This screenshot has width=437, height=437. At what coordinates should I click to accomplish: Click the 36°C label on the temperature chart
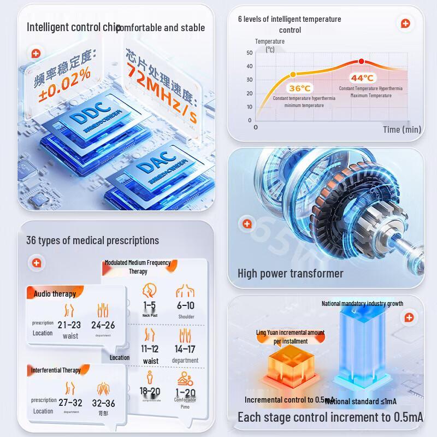300,88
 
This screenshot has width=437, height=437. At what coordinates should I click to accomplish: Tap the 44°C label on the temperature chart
362,78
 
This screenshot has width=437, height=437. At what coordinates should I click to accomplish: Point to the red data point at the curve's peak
361,62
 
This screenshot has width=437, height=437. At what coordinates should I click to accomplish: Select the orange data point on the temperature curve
293,74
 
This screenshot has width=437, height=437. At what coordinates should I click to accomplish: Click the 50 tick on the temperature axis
249,53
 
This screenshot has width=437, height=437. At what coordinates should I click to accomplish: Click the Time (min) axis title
402,129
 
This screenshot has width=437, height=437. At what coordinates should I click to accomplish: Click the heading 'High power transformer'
290,273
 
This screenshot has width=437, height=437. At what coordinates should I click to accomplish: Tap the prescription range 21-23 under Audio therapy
69,325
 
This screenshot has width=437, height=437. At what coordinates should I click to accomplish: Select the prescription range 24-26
103,325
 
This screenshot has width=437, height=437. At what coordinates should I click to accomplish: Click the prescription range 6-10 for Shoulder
186,306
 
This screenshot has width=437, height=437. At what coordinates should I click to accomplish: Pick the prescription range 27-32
70,403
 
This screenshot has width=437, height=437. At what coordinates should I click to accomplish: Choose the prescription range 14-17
185,349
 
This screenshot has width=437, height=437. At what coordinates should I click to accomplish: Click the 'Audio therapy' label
55,294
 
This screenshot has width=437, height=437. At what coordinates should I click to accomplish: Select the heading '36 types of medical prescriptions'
92,240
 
